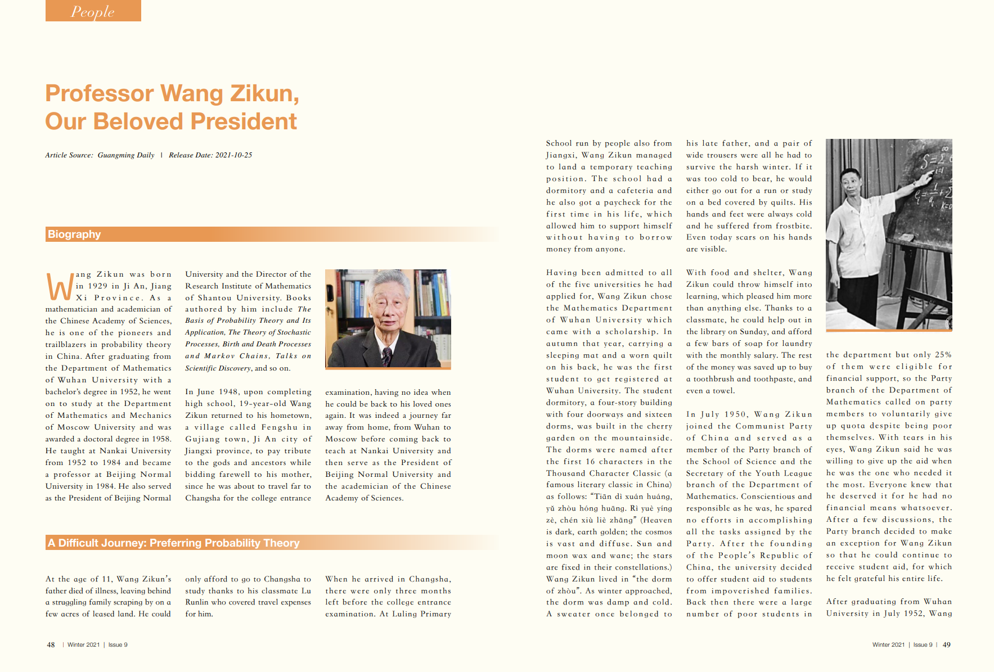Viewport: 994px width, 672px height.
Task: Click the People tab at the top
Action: point(93,11)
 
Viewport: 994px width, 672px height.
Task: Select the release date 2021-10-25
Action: point(233,155)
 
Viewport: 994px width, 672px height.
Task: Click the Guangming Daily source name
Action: point(126,155)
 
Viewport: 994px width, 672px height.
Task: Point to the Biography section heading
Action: point(74,234)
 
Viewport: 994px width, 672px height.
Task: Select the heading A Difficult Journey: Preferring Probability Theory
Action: point(173,543)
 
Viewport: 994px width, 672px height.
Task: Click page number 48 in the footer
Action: point(51,645)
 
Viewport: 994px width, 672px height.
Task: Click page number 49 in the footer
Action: point(946,645)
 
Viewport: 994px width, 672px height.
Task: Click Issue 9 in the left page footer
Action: point(118,645)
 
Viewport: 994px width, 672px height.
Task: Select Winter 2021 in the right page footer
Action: point(888,645)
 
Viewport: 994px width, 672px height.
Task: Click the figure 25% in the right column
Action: point(943,355)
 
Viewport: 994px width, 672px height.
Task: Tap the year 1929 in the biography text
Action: point(97,286)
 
